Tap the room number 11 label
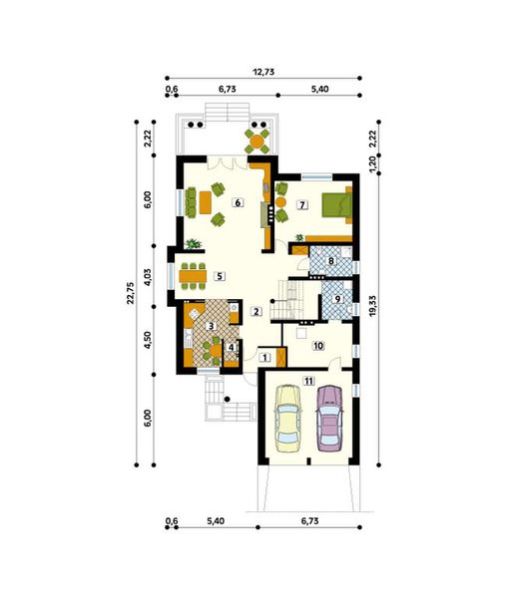click(x=308, y=381)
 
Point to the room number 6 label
click(x=238, y=202)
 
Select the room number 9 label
click(x=337, y=298)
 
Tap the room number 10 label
click(x=318, y=346)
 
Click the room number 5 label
click(x=220, y=276)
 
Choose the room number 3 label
click(x=211, y=326)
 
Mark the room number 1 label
click(x=264, y=356)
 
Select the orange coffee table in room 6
click(x=206, y=202)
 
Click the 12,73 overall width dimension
click(x=264, y=72)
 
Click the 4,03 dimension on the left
click(x=148, y=276)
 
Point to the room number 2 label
click(x=256, y=312)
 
